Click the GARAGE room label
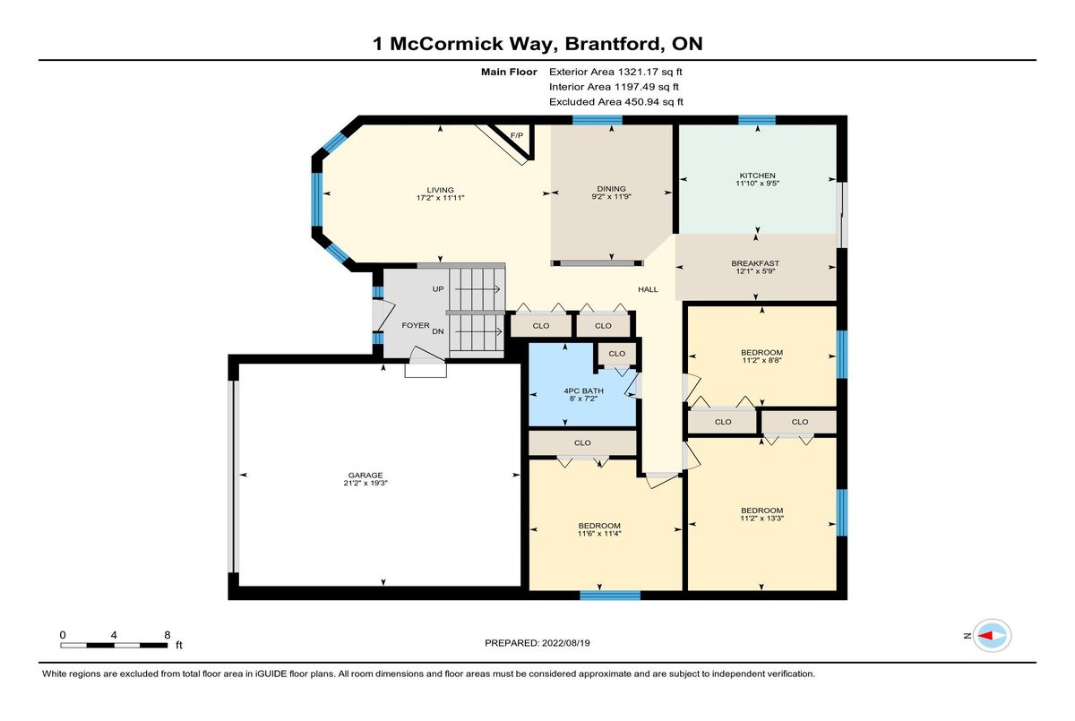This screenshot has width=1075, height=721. click(365, 476)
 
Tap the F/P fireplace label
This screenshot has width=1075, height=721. click(517, 136)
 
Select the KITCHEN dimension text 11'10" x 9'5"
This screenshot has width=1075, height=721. click(757, 184)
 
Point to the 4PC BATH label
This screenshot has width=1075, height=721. click(583, 391)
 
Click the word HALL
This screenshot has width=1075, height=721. click(648, 289)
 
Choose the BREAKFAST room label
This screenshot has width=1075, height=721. click(755, 263)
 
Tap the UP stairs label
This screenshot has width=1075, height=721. click(438, 289)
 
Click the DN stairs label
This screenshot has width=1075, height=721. click(438, 331)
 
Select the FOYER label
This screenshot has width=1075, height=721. click(416, 325)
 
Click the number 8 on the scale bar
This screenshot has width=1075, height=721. click(168, 635)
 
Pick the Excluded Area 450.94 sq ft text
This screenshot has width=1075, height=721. click(616, 102)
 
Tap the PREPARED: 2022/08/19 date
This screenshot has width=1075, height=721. click(537, 643)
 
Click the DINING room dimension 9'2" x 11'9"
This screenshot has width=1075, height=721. click(611, 197)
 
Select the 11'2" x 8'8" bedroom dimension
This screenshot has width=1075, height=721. click(761, 360)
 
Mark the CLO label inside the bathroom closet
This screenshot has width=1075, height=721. click(616, 354)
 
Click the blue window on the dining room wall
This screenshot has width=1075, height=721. click(598, 120)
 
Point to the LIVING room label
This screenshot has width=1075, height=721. click(441, 190)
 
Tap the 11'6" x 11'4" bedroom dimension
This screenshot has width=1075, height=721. click(599, 534)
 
